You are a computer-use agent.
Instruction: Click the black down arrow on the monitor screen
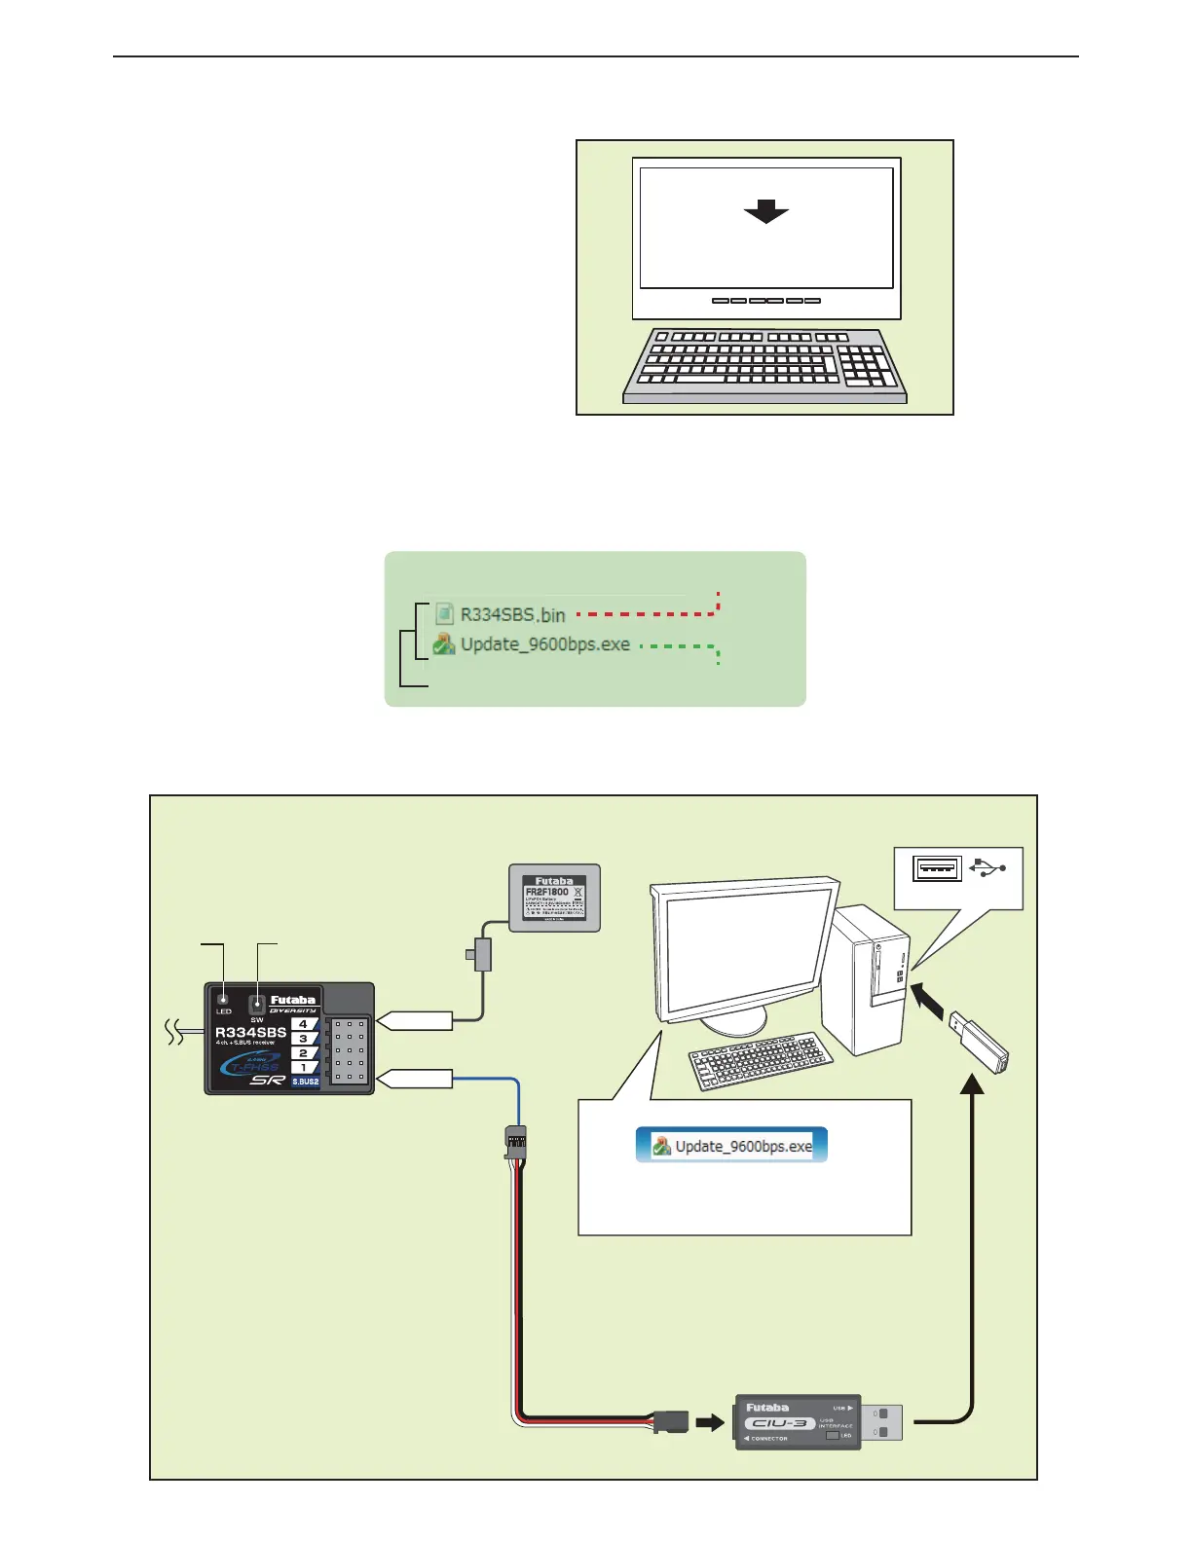coord(765,211)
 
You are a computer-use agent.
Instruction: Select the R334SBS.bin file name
coord(512,614)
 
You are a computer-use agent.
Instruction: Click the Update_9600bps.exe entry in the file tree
coord(544,644)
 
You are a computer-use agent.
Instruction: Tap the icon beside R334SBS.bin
coord(444,613)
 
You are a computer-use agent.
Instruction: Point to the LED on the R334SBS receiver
coord(223,999)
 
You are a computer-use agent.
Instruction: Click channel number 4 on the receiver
coord(303,1024)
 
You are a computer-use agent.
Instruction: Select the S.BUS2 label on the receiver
coord(305,1082)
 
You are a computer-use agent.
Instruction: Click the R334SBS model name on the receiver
coord(250,1032)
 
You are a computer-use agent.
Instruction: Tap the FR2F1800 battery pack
coord(554,898)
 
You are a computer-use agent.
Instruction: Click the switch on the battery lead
coord(481,954)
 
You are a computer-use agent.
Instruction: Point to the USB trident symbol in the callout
coord(988,867)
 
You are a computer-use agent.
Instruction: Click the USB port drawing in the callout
coord(937,867)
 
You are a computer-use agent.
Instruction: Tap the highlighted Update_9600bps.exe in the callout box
coord(732,1146)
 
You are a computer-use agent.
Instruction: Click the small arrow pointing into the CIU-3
coord(711,1422)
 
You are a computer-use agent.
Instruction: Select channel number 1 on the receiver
coord(303,1067)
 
